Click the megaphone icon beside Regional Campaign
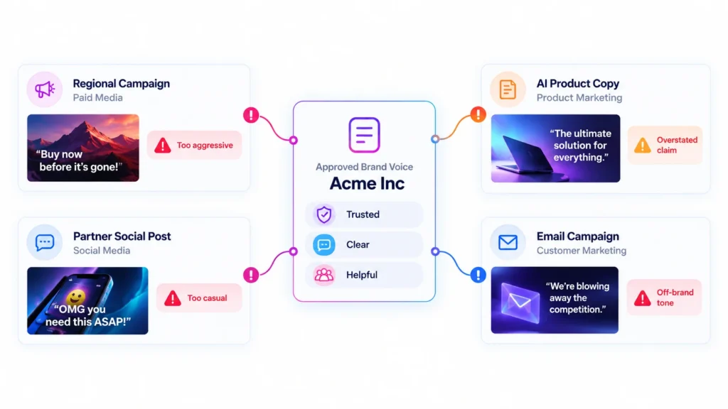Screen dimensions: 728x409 (45, 89)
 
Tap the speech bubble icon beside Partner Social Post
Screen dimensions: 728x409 (45, 242)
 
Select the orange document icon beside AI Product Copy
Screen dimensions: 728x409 (508, 89)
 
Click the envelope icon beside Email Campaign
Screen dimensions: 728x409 (508, 242)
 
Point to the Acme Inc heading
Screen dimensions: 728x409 (367, 184)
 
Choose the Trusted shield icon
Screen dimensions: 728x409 (324, 214)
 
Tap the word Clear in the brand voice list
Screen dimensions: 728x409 (358, 244)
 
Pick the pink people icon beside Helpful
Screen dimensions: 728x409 (323, 275)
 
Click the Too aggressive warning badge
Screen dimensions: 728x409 (195, 145)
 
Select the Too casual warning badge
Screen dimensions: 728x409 (199, 298)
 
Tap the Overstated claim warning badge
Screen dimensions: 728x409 (665, 145)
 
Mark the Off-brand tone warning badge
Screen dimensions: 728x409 (665, 298)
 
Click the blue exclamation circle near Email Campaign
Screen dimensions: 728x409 (478, 275)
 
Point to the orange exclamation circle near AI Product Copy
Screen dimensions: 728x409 (478, 114)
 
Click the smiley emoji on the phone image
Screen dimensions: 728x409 (75, 297)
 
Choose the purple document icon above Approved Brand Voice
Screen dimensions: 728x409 (365, 135)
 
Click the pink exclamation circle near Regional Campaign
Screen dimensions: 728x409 (251, 115)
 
